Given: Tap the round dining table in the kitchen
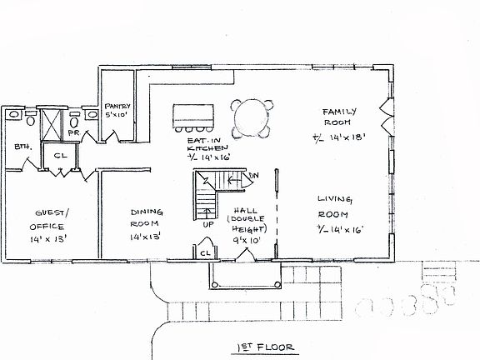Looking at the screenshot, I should tap(251, 118).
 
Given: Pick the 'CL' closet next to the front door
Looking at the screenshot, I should tap(204, 251).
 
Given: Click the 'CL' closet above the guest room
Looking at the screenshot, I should tap(61, 156).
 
